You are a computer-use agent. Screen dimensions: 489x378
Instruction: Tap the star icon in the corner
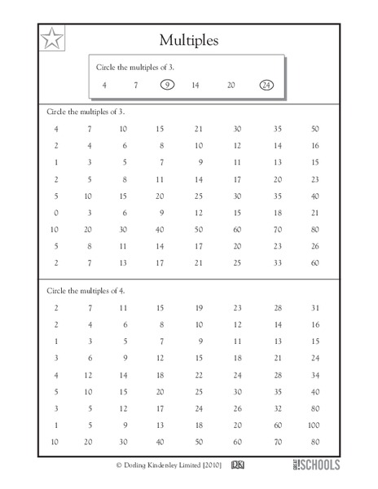click(x=52, y=38)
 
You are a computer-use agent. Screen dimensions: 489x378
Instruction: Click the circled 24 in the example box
click(x=267, y=84)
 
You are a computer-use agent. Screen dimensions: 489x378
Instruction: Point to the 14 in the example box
click(x=196, y=84)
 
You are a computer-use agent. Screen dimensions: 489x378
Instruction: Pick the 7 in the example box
click(x=136, y=84)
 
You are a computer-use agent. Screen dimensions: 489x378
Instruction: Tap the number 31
click(x=314, y=308)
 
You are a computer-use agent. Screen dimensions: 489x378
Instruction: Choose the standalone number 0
click(x=56, y=211)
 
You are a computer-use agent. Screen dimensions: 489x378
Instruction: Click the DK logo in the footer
click(x=260, y=466)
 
